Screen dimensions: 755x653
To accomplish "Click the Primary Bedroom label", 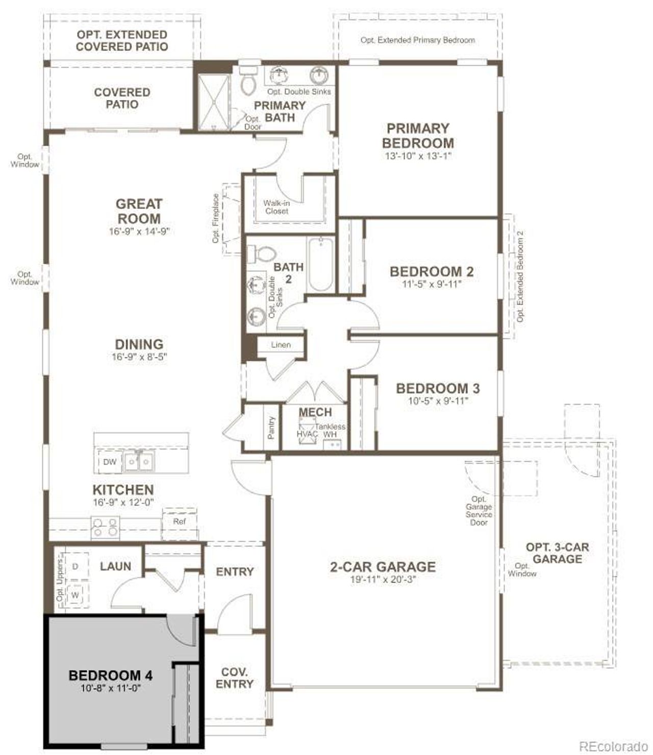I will coord(417,136).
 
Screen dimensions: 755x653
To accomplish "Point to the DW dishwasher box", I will coord(110,462).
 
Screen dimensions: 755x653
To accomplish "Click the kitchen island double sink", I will coord(139,462).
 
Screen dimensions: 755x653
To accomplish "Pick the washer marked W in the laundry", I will coord(76,595).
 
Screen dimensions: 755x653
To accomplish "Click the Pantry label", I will coord(271,427).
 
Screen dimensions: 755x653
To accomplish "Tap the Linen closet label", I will coord(281,345).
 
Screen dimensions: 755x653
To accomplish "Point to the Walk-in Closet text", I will coord(277,207).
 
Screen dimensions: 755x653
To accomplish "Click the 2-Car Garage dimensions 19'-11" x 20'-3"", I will coord(383,579).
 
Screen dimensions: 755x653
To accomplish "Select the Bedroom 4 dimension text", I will coord(110,688).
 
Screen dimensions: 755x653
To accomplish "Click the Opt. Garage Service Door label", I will coord(479,511).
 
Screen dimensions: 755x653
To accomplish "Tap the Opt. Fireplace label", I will coord(216,218).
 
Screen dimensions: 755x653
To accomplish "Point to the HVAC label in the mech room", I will coord(307,434).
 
